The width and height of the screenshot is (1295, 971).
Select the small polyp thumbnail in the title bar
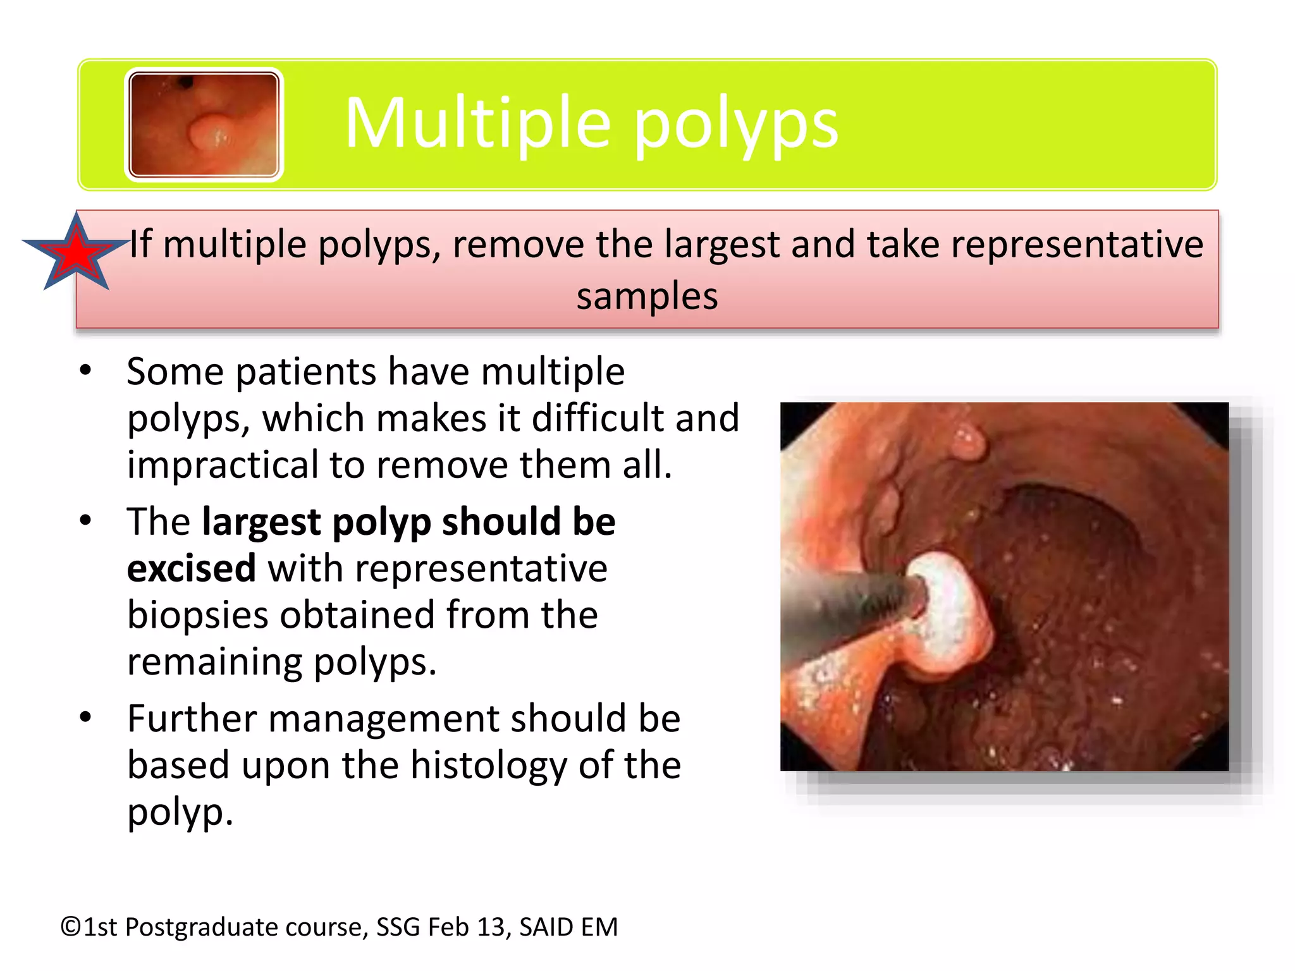click(x=204, y=125)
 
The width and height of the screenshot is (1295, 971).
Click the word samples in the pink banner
click(x=647, y=296)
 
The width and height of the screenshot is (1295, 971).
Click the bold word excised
click(x=191, y=568)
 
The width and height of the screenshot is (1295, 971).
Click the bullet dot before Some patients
click(x=86, y=370)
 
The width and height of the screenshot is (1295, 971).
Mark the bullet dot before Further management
click(x=86, y=718)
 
